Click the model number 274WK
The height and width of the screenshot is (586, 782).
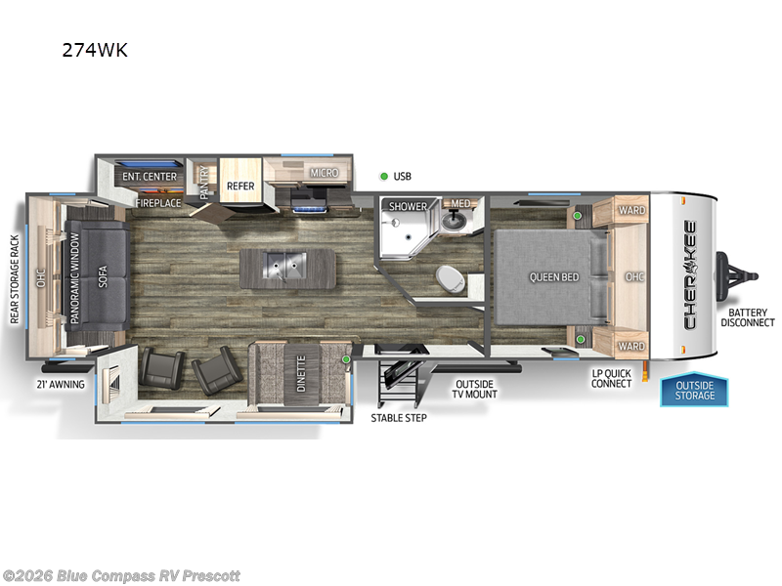[x=94, y=51]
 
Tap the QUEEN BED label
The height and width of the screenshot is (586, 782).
[x=554, y=277]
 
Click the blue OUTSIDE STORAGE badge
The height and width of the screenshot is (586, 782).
[x=695, y=390]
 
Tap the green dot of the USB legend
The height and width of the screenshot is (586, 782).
[x=384, y=177]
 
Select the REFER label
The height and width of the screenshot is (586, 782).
[x=240, y=184]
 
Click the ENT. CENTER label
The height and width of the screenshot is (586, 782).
[x=150, y=177]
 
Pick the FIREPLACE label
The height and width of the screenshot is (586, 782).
[x=158, y=203]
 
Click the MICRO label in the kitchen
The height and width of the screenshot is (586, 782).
[x=325, y=173]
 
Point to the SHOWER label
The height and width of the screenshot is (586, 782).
[x=409, y=206]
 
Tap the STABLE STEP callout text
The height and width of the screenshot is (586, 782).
[x=398, y=418]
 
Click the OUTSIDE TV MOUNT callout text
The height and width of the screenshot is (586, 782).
[x=475, y=389]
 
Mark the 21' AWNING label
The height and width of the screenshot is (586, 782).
[x=61, y=384]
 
